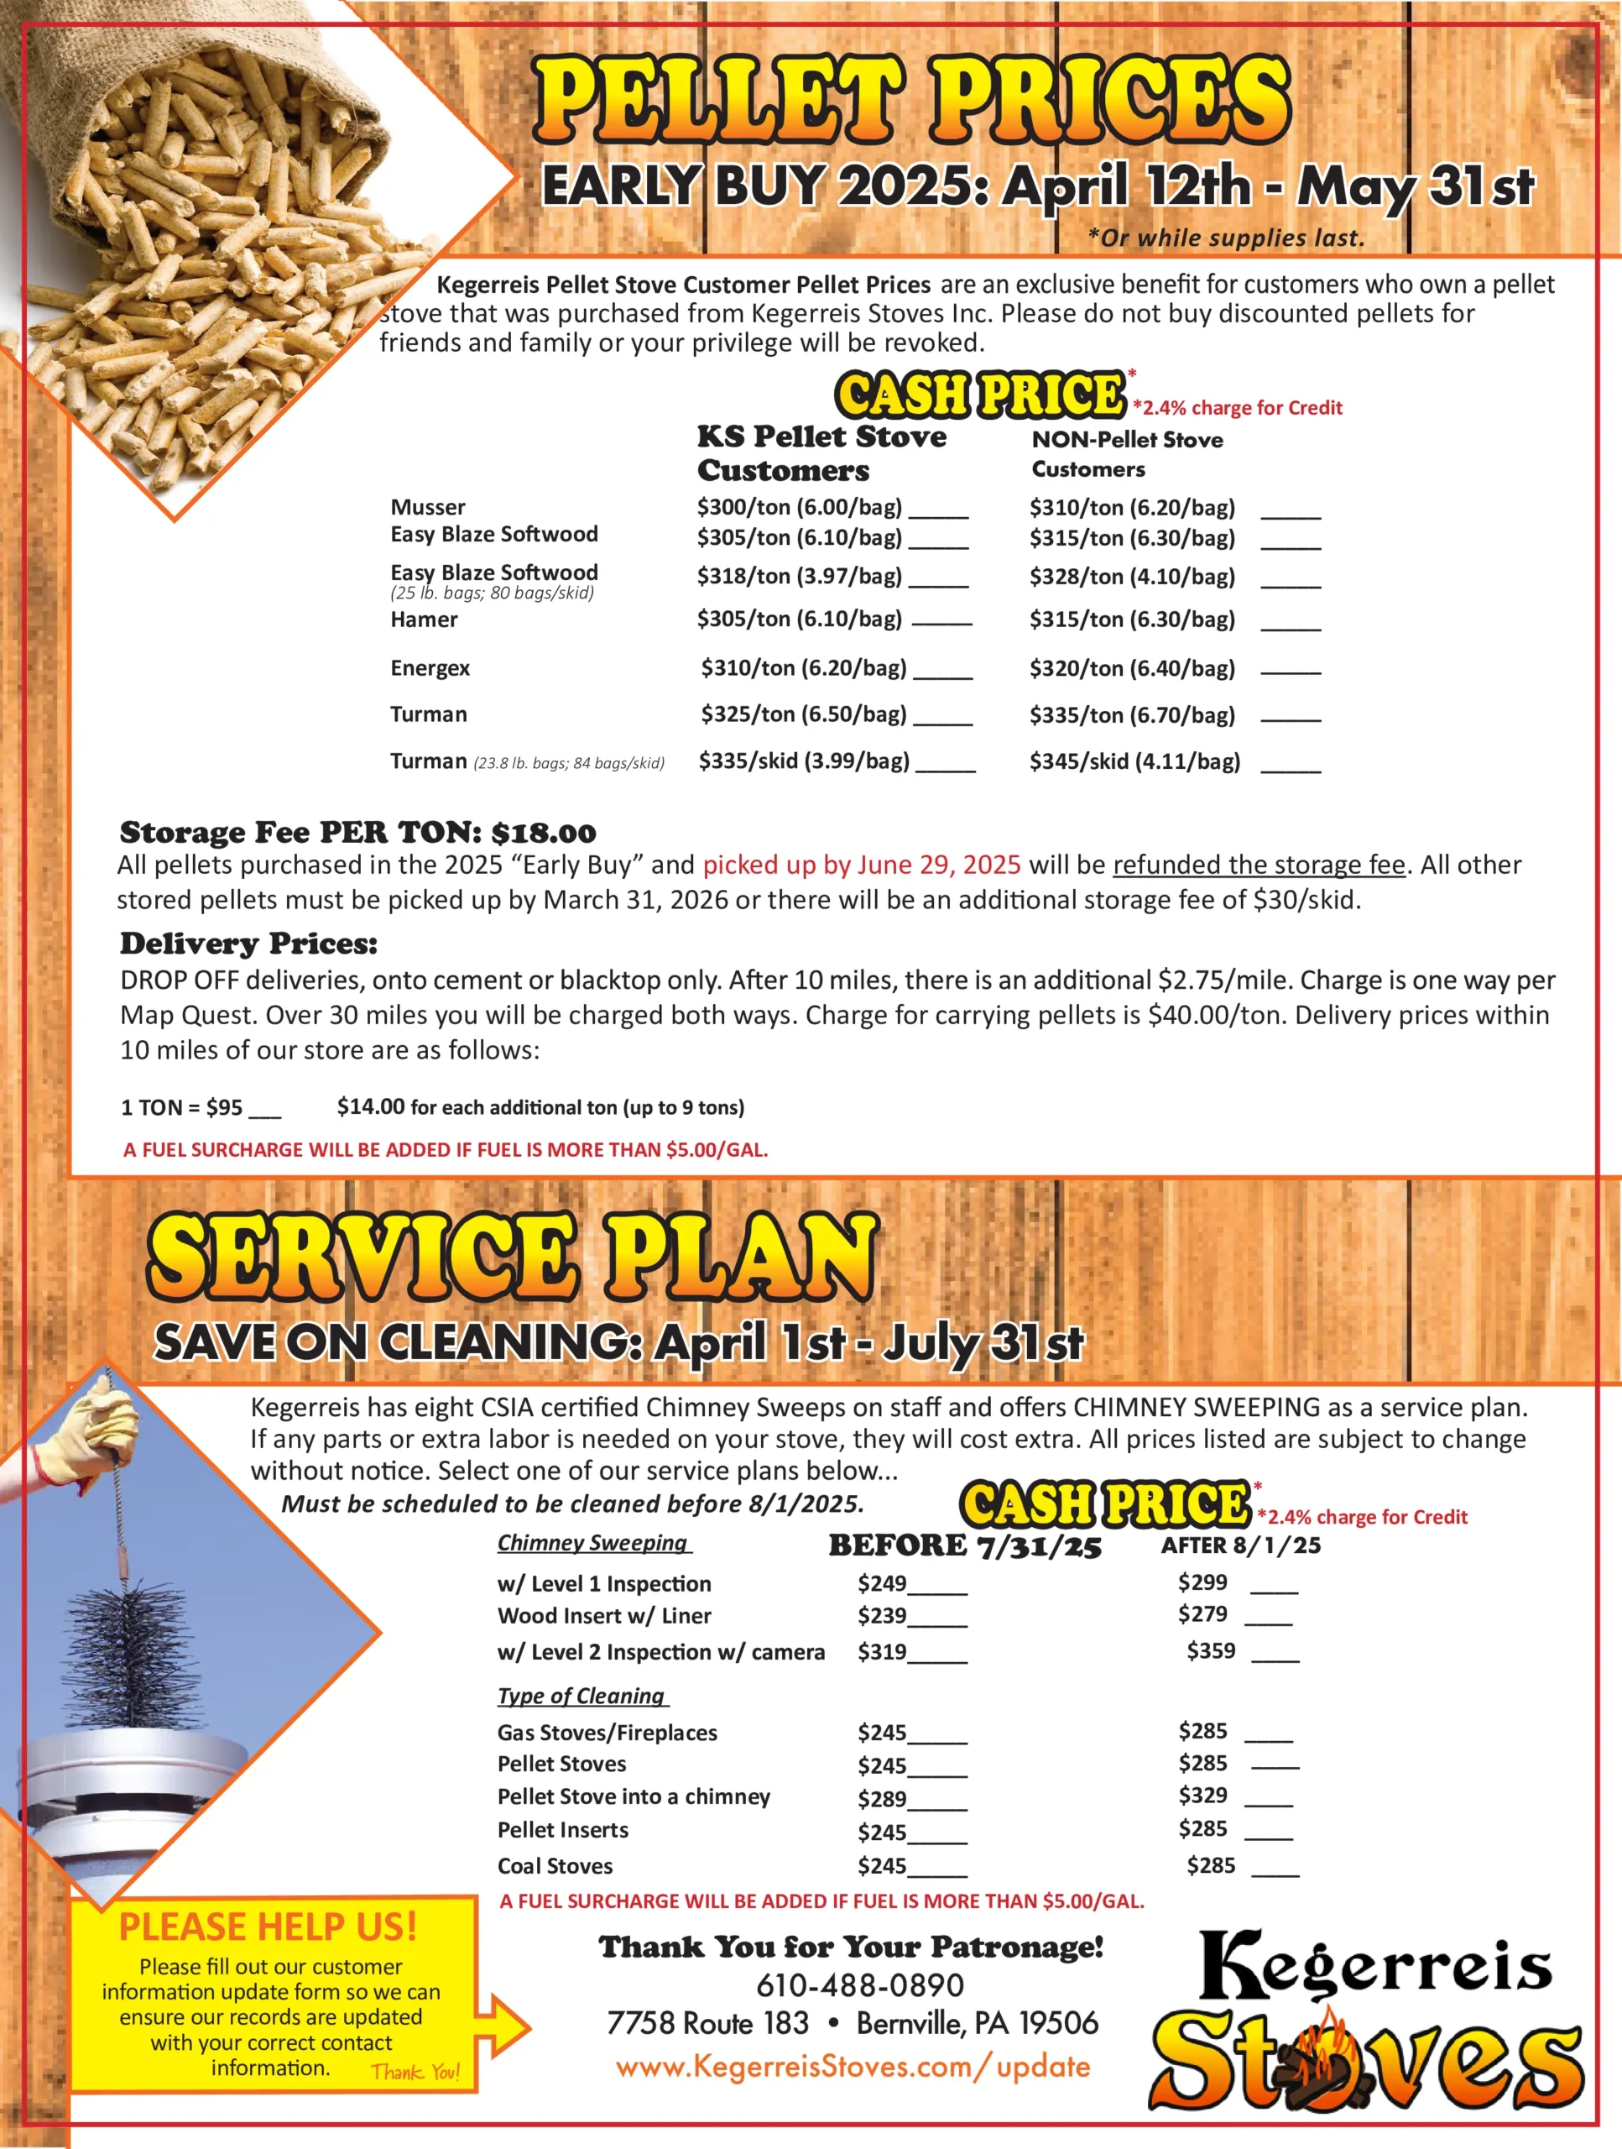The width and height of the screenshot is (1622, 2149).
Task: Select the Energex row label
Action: click(430, 668)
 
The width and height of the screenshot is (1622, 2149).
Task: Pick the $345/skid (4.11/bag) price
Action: click(1134, 761)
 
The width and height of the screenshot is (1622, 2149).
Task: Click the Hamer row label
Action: click(424, 620)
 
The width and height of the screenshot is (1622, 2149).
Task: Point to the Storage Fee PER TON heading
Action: click(357, 833)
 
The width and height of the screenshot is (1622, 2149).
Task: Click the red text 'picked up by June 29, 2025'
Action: click(862, 865)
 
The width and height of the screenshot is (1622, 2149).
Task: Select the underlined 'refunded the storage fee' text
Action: click(1259, 865)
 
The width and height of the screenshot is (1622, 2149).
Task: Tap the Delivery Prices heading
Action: click(248, 944)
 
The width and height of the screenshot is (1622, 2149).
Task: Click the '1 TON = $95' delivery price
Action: click(181, 1107)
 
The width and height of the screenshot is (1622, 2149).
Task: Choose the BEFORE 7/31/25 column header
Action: click(964, 1545)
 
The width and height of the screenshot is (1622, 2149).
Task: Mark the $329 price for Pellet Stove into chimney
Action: click(1202, 1795)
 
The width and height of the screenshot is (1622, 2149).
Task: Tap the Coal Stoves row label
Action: click(555, 1865)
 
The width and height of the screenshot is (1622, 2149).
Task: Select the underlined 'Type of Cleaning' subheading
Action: click(582, 1696)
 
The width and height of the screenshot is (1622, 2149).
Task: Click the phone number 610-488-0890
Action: click(859, 1984)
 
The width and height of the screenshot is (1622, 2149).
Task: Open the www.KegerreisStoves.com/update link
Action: click(852, 2067)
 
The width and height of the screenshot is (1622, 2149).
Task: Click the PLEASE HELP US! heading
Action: click(268, 1927)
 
